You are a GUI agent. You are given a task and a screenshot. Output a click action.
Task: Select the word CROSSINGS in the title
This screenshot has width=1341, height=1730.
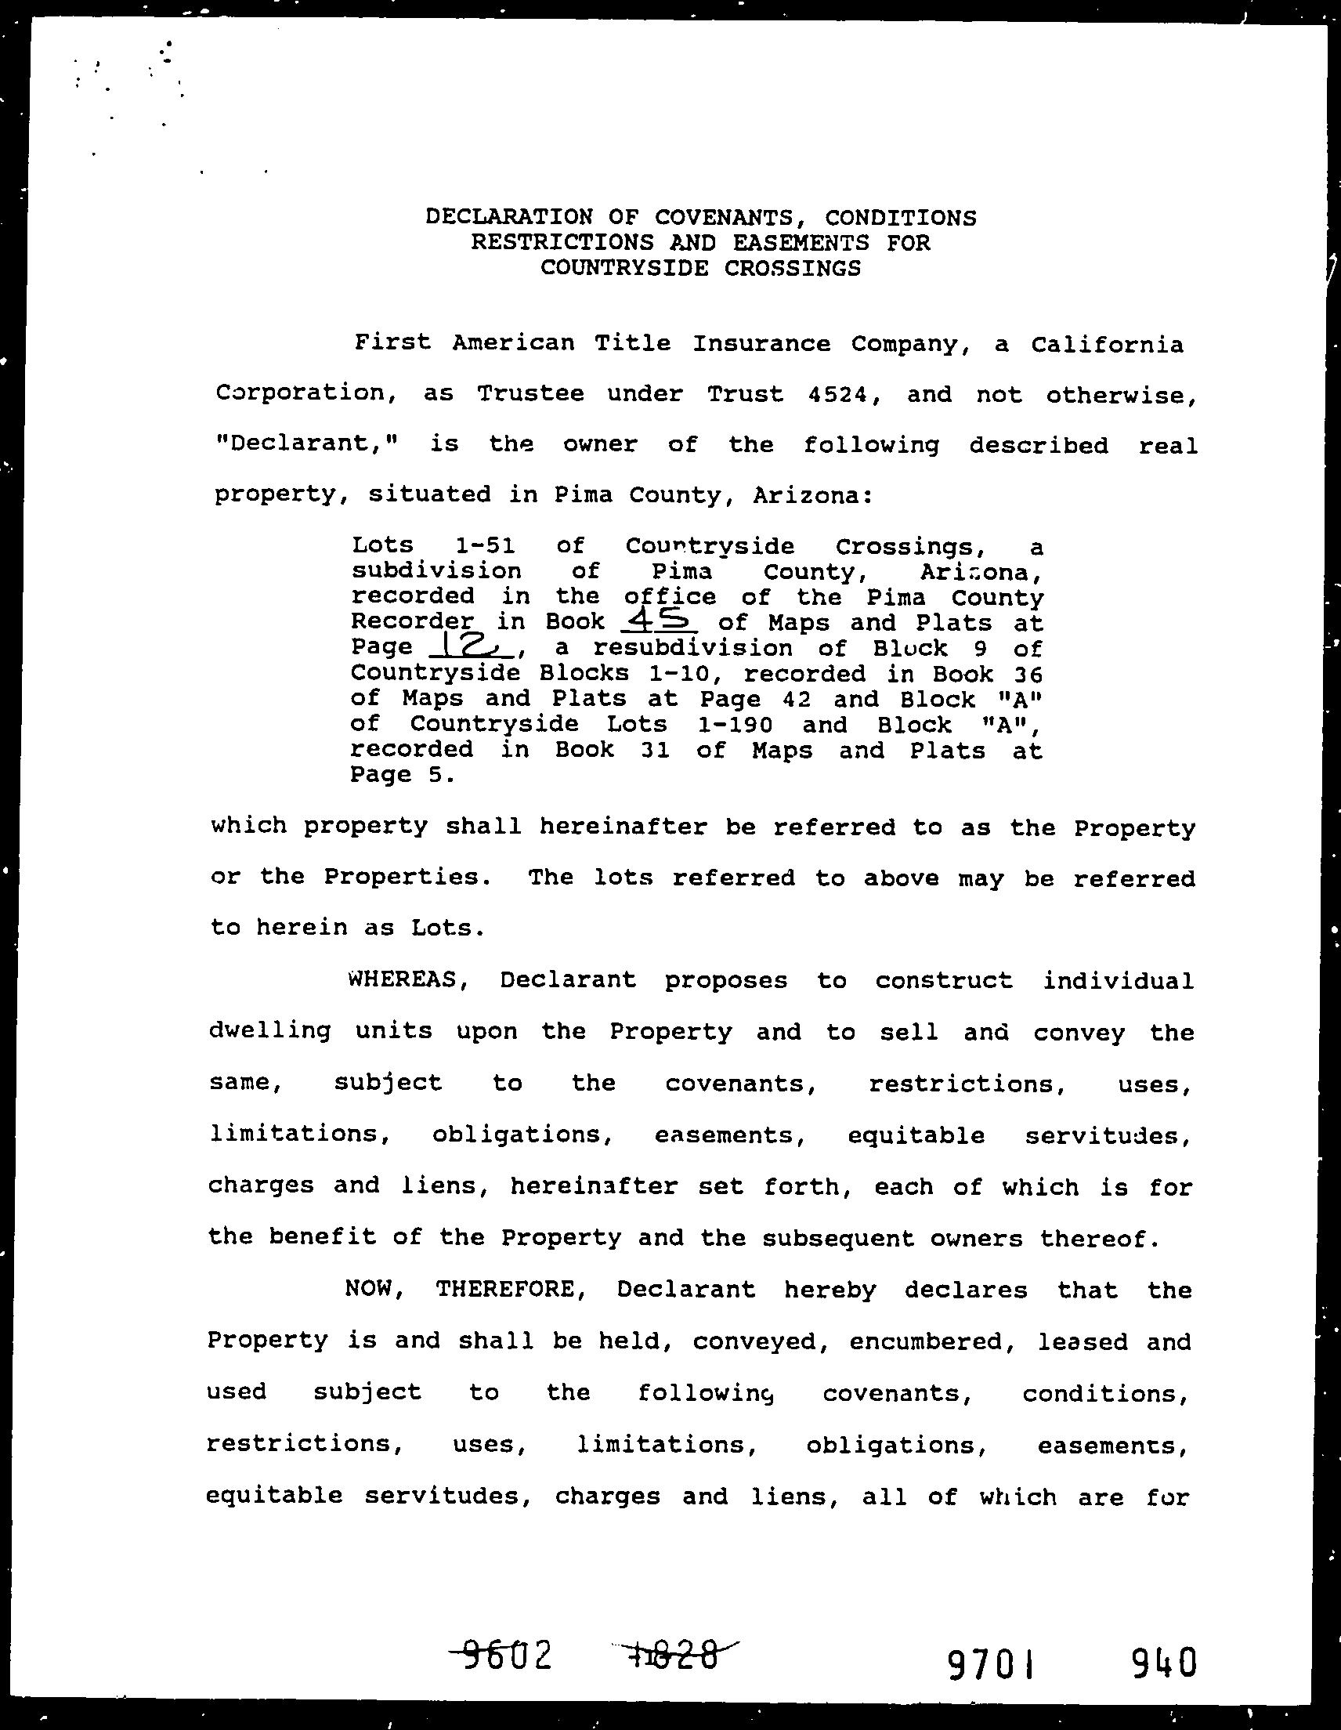(x=792, y=268)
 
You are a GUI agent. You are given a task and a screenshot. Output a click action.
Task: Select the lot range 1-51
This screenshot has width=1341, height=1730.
(x=486, y=546)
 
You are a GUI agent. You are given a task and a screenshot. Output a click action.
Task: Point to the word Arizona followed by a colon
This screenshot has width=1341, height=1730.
(x=813, y=495)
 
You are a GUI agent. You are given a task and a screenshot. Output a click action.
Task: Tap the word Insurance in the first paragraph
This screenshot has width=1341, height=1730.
(x=761, y=344)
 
